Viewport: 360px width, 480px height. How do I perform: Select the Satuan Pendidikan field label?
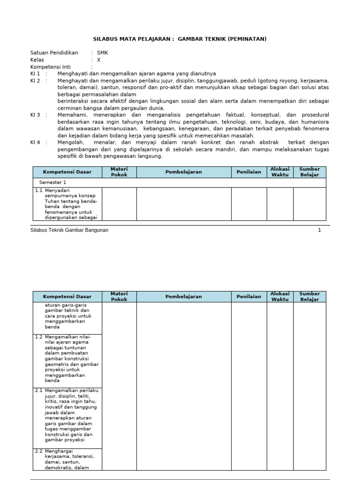[54, 53]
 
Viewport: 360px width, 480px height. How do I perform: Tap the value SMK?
[102, 53]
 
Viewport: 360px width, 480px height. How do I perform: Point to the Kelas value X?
[98, 60]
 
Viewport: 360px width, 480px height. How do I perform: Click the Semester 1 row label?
[52, 182]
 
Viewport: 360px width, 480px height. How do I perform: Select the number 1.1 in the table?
[39, 190]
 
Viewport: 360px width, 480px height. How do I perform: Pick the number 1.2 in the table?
[39, 337]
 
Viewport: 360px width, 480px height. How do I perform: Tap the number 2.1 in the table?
[39, 390]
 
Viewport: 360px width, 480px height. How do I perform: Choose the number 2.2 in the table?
[39, 451]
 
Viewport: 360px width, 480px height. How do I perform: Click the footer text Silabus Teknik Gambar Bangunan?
[69, 230]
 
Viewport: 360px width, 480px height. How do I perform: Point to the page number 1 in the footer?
[320, 230]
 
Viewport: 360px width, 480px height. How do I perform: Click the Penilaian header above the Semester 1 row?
[249, 172]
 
